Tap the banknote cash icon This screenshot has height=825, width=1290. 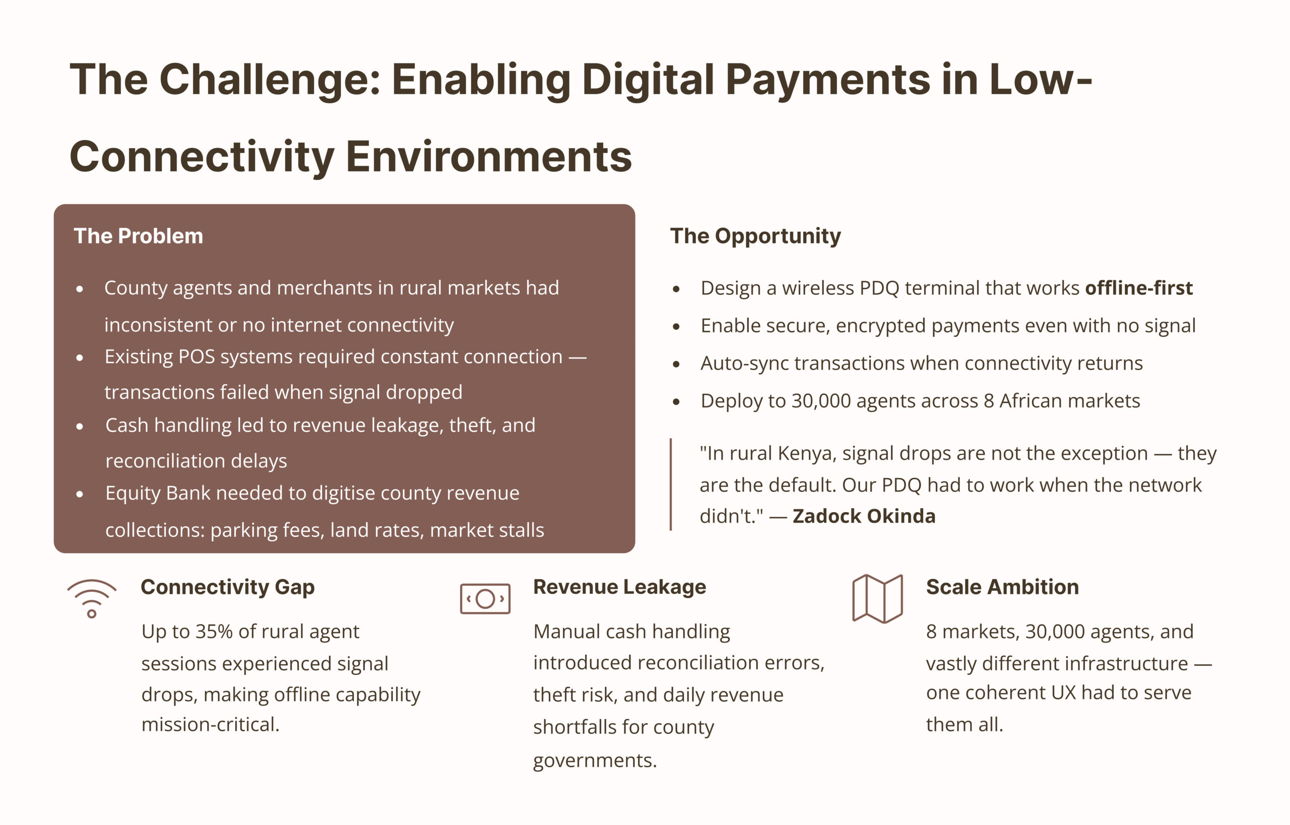pos(485,598)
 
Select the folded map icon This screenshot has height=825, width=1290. pos(877,598)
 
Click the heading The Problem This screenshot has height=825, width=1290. pos(138,236)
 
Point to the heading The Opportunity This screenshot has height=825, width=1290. pos(755,236)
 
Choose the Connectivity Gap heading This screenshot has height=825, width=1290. pos(228,587)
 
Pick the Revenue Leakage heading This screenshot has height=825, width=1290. pos(619,587)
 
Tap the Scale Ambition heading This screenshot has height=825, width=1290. pos(1002,587)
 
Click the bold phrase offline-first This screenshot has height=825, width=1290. pos(1139,288)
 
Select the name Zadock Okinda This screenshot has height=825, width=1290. pos(864,516)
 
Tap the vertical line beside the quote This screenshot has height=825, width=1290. pos(671,485)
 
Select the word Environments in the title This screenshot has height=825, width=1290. pos(489,157)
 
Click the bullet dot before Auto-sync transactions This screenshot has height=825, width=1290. pos(676,364)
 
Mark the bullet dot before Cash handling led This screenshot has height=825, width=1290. pos(80,427)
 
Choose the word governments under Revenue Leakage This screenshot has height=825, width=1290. pos(595,761)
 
